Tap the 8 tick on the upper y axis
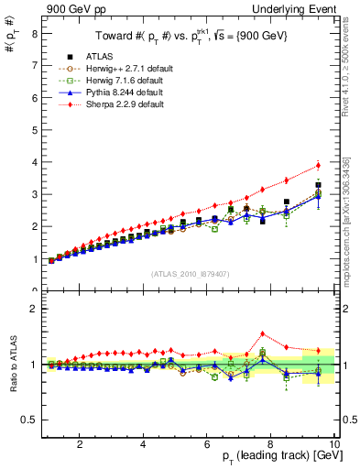tap(35, 34)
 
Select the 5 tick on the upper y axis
tap(35, 130)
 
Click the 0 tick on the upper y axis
tap(35, 290)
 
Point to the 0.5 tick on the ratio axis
tap(29, 420)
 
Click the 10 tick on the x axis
tap(333, 444)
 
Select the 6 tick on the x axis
tap(207, 444)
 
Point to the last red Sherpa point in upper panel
tap(318, 165)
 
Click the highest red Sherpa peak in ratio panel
tap(263, 333)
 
